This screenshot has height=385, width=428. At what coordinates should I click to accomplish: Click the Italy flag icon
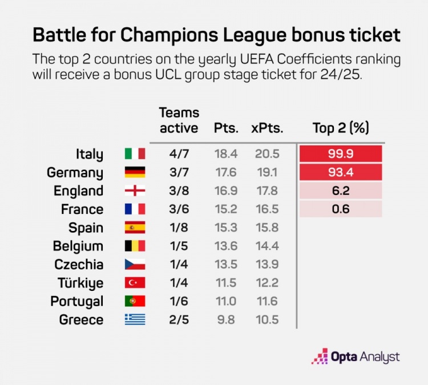tap(135, 154)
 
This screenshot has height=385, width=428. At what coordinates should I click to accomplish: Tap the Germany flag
tap(135, 172)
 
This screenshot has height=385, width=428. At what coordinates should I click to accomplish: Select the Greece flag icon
tap(135, 319)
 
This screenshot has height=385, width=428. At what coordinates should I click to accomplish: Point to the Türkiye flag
tap(135, 283)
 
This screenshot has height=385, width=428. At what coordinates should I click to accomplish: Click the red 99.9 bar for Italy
tap(340, 154)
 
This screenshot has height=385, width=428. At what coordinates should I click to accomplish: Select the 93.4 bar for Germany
tap(340, 172)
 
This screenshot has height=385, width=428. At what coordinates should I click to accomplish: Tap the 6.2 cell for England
tap(340, 191)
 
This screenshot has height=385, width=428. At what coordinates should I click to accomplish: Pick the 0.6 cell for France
tap(340, 209)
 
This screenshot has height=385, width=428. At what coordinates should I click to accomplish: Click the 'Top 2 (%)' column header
tap(341, 128)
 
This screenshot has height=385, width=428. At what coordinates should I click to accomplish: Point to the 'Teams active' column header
tap(179, 120)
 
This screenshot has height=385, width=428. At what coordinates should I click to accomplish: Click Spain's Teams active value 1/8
tap(178, 228)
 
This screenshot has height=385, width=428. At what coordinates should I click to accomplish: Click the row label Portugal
tap(77, 301)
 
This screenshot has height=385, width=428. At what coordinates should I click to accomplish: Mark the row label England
tap(79, 191)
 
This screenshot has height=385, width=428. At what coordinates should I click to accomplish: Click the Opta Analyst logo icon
tap(319, 356)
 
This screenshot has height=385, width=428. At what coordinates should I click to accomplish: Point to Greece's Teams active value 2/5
tap(178, 319)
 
